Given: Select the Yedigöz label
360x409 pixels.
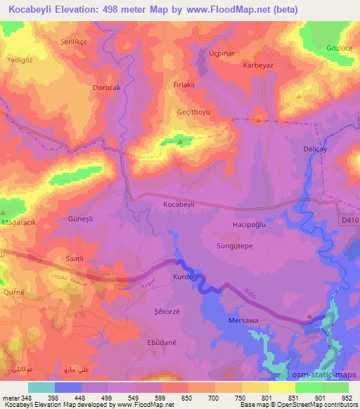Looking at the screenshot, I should [x=20, y=60].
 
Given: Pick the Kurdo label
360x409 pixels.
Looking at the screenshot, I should [x=183, y=278].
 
